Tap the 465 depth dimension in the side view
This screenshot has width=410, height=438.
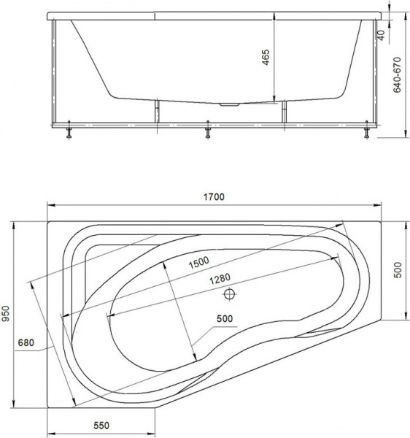[x=266, y=58]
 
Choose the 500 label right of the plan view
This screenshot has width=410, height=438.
[x=398, y=272]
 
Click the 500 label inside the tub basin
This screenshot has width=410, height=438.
[x=228, y=318]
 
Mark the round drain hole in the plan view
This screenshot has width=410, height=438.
[x=231, y=295]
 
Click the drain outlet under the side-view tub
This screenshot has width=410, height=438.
[x=233, y=104]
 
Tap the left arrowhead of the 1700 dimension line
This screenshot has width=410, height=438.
[x=50, y=204]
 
